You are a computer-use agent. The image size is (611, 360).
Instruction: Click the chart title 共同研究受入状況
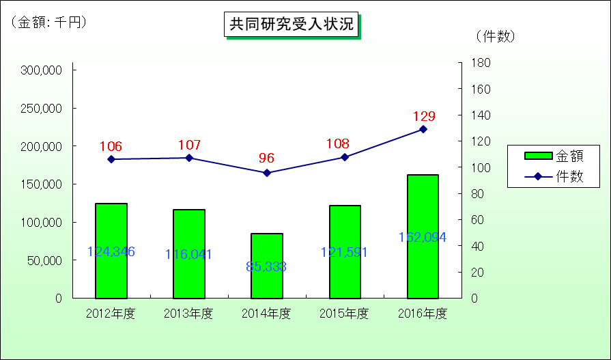292,25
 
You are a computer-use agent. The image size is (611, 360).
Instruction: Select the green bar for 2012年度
111,251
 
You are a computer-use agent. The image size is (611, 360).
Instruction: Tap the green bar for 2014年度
267,266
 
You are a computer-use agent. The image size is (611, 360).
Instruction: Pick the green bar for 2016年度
423,236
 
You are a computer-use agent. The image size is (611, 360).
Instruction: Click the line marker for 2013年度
189,158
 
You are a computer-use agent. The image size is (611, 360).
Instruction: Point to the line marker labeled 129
423,129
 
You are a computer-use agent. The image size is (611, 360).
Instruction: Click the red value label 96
266,158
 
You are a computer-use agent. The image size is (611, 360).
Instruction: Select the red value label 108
338,143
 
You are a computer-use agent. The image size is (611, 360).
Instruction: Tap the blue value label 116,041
189,254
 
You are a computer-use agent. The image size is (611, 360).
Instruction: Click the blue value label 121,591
345,252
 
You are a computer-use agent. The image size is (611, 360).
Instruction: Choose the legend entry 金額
553,156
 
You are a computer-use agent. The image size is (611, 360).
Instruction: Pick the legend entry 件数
553,176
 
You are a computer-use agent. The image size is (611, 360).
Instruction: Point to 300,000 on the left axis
42,70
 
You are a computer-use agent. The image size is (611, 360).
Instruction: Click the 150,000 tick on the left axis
42,184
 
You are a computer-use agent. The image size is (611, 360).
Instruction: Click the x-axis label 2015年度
345,314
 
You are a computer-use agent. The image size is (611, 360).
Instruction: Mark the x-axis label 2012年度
111,314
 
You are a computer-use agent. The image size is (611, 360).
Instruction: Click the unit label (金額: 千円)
48,23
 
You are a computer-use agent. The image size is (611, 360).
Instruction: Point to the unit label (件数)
495,36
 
